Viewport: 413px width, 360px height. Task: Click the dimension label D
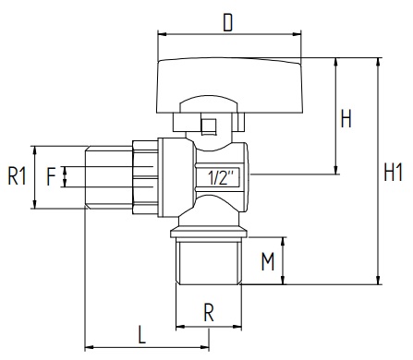[x=228, y=23]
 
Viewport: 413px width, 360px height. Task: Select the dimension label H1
[x=394, y=173]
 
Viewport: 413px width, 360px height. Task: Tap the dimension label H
[x=346, y=118]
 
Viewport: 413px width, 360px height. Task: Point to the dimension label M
[x=268, y=261]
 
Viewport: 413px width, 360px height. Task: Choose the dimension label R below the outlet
[x=209, y=313]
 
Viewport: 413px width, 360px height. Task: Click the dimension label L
[x=141, y=335]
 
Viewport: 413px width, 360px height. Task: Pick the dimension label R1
[x=17, y=176]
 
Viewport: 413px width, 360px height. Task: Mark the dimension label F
[x=51, y=176]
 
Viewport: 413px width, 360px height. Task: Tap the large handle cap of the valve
[x=229, y=85]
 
